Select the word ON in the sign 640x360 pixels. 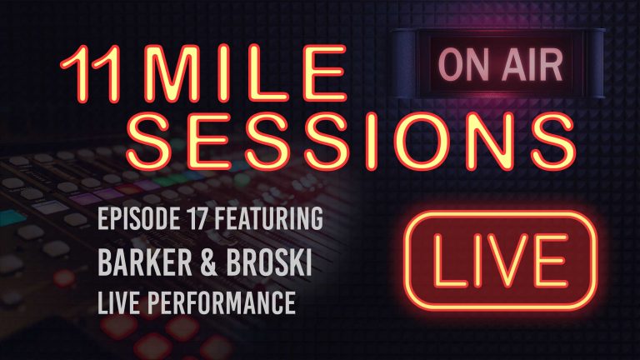(x=457, y=62)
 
